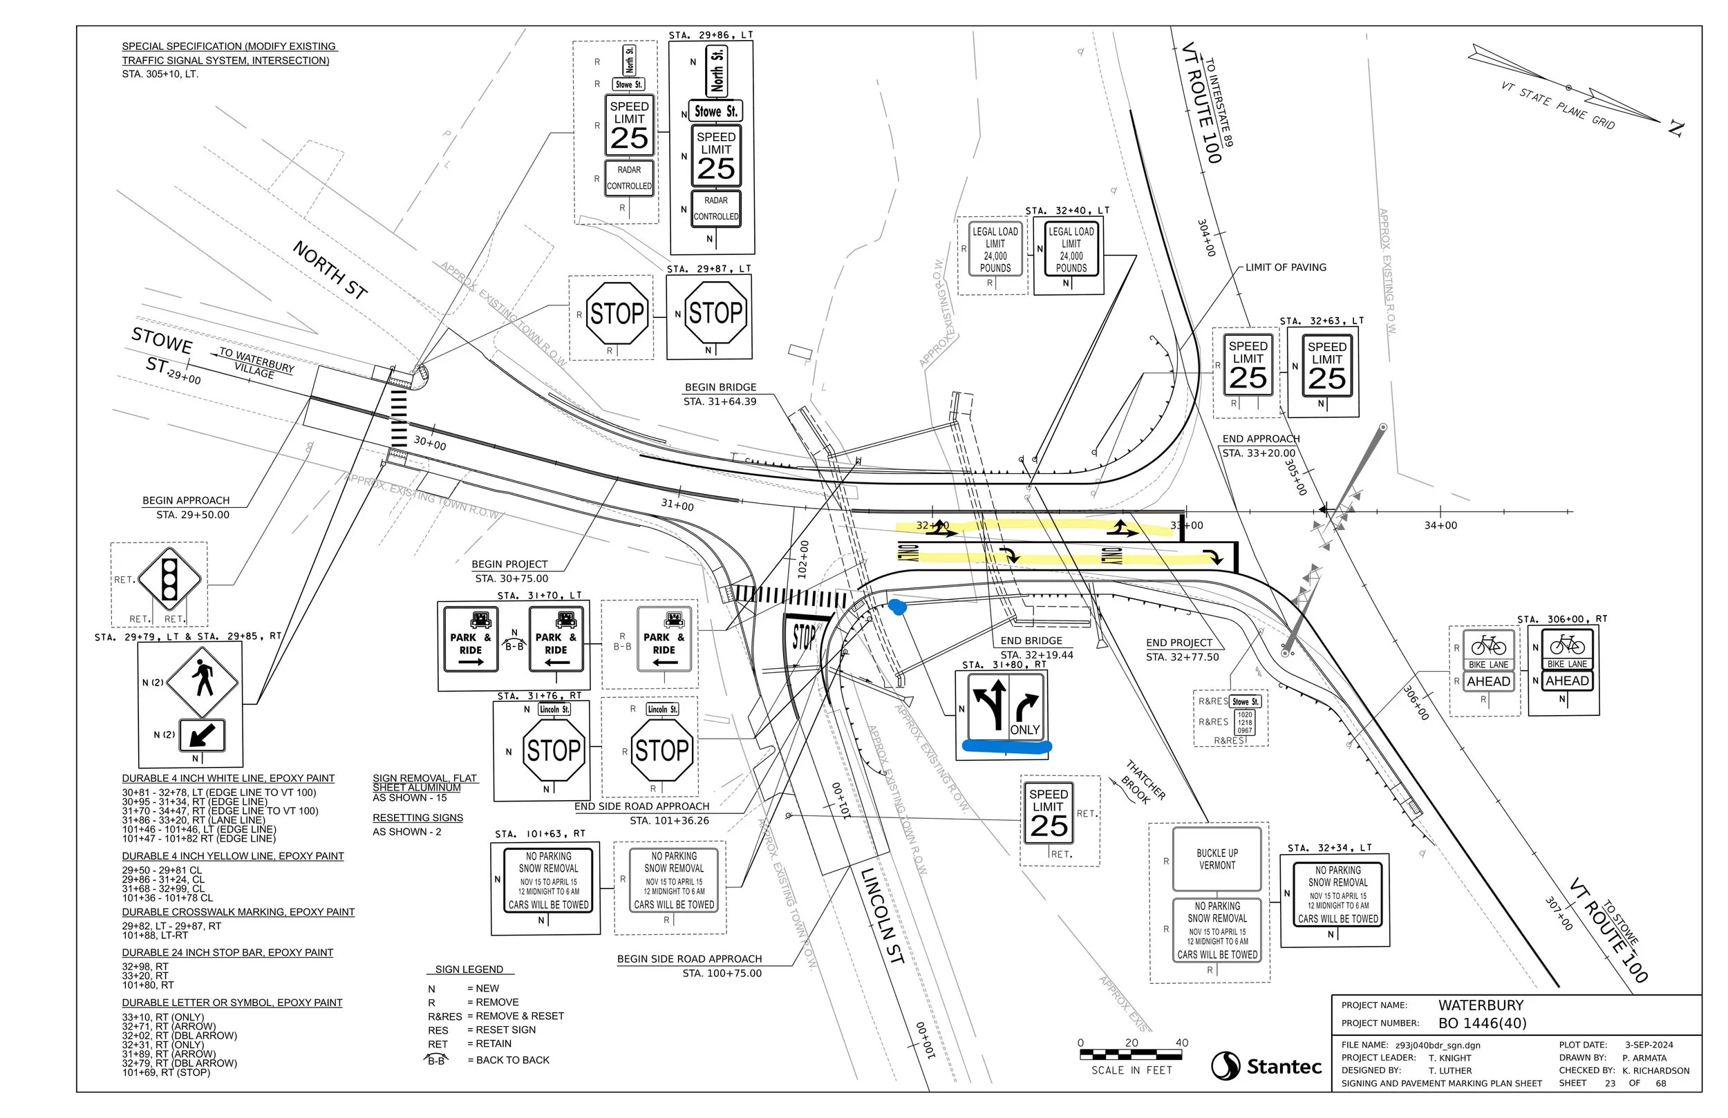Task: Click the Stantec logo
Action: tap(1266, 1065)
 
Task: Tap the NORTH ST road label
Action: tap(330, 269)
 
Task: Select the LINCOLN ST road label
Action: tap(882, 916)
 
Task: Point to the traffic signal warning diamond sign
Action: tap(169, 578)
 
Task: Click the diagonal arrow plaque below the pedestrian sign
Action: tap(201, 735)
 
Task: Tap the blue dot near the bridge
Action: tap(898, 607)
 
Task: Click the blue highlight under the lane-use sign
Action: tap(1006, 746)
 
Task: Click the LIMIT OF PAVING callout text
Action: tap(1285, 267)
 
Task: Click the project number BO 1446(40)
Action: tap(1482, 1023)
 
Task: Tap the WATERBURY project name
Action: tap(1481, 1005)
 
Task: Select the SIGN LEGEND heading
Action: tap(469, 969)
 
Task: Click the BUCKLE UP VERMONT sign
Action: tap(1217, 859)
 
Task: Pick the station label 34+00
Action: tap(1440, 525)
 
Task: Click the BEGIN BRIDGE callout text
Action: tap(720, 387)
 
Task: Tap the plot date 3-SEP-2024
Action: tap(1649, 1045)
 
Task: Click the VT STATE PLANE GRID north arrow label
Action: tap(1557, 106)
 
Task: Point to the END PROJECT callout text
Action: tap(1179, 643)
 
